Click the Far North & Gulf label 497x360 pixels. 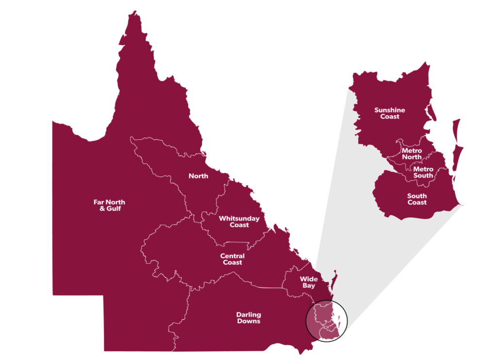107,205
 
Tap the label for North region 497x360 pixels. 199,176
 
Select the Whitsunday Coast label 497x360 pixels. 239,222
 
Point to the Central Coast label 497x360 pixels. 232,259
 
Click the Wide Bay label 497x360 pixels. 309,282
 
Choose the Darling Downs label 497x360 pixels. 248,318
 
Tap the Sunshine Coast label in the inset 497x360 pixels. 389,113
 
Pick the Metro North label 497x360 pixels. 412,154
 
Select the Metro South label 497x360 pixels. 423,172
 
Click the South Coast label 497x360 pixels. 417,199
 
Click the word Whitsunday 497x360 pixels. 239,219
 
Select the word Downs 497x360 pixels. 248,321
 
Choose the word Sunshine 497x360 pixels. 389,110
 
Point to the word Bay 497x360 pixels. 309,286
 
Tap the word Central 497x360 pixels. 232,256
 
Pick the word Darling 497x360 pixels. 248,315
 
